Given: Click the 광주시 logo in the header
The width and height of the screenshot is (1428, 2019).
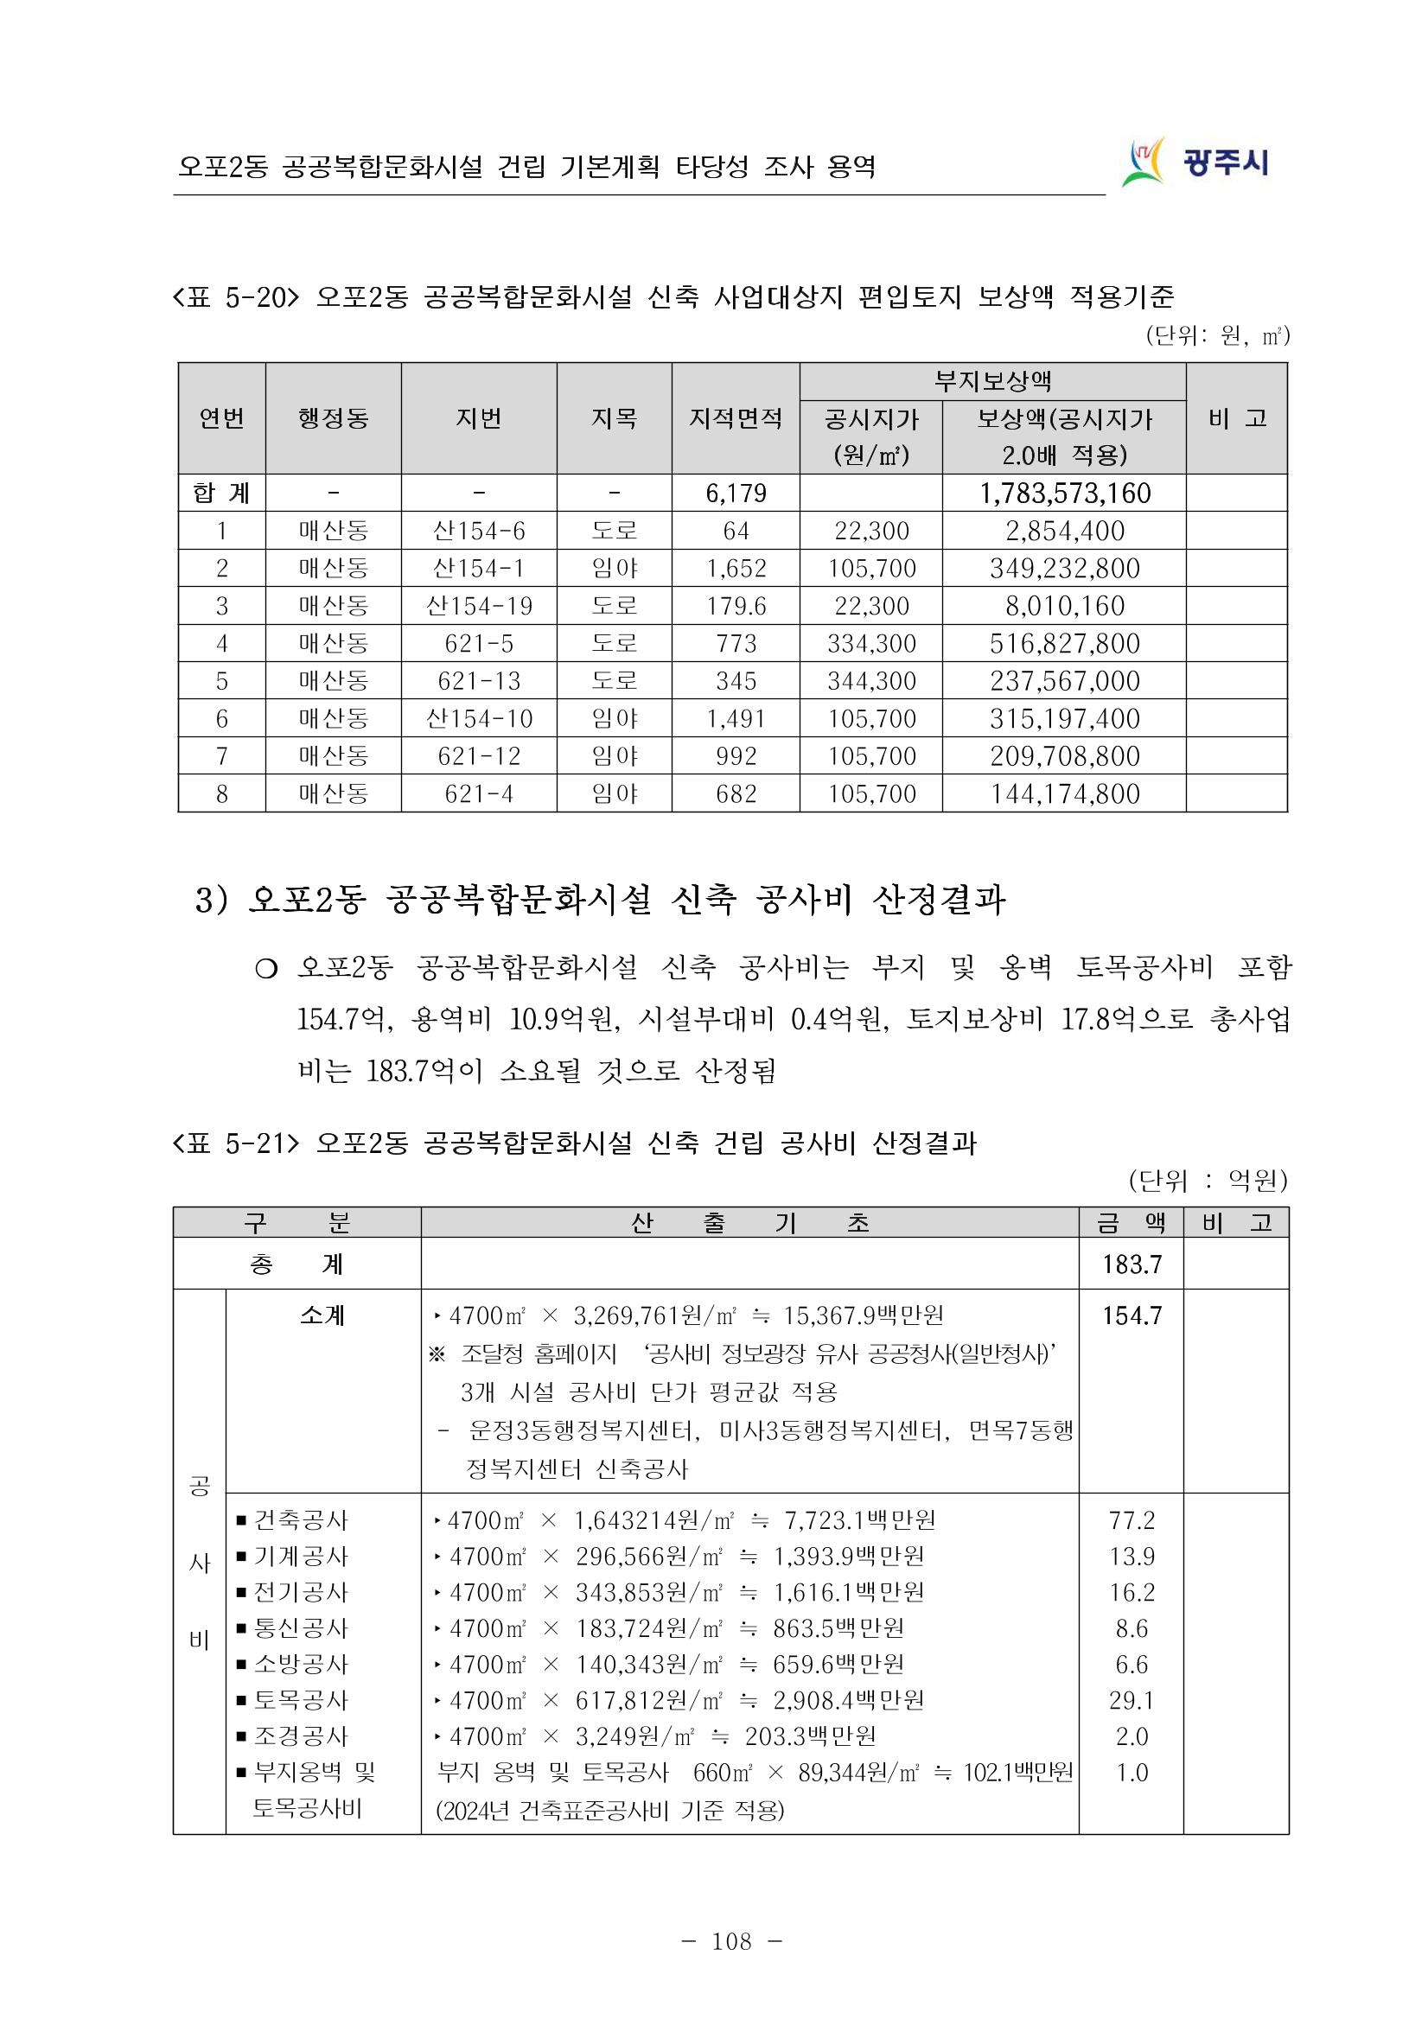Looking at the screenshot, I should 1196,162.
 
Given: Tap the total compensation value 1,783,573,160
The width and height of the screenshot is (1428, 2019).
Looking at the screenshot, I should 1064,494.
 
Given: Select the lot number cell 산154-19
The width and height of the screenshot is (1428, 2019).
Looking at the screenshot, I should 478,606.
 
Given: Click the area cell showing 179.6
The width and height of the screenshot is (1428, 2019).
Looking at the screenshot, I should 735,606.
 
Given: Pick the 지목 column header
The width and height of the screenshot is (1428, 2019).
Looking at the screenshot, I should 614,418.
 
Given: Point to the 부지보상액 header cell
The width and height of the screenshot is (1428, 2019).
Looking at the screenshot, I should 991,382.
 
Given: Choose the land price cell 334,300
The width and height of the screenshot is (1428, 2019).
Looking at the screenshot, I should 870,644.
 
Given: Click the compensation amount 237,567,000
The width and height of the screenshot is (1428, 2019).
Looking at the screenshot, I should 1064,682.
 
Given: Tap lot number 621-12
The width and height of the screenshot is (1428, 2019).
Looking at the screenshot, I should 478,756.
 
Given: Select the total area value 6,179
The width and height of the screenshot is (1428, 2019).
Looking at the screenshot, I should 735,494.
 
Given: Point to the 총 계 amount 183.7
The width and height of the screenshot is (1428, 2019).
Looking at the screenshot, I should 1132,1264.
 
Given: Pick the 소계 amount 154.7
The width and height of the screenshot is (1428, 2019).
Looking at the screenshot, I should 1132,1315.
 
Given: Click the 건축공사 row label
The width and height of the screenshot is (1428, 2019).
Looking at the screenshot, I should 300,1519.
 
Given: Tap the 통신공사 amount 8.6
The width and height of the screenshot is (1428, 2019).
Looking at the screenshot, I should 1132,1628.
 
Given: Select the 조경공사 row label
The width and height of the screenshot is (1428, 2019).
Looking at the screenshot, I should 300,1736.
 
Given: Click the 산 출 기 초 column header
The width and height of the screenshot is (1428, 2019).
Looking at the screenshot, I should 749,1223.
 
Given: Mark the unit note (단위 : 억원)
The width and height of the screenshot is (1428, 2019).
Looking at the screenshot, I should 1208,1181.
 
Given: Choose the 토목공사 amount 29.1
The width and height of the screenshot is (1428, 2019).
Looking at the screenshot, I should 1132,1701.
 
